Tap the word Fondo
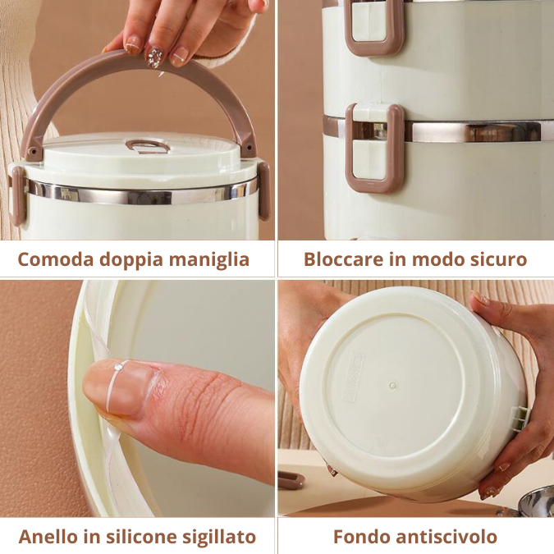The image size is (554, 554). (359, 537)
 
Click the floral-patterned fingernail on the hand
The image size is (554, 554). (154, 57)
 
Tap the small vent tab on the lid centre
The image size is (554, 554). (148, 146)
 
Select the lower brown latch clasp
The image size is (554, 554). (374, 148)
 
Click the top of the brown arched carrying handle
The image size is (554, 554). (140, 59)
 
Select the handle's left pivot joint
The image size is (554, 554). (33, 152)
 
